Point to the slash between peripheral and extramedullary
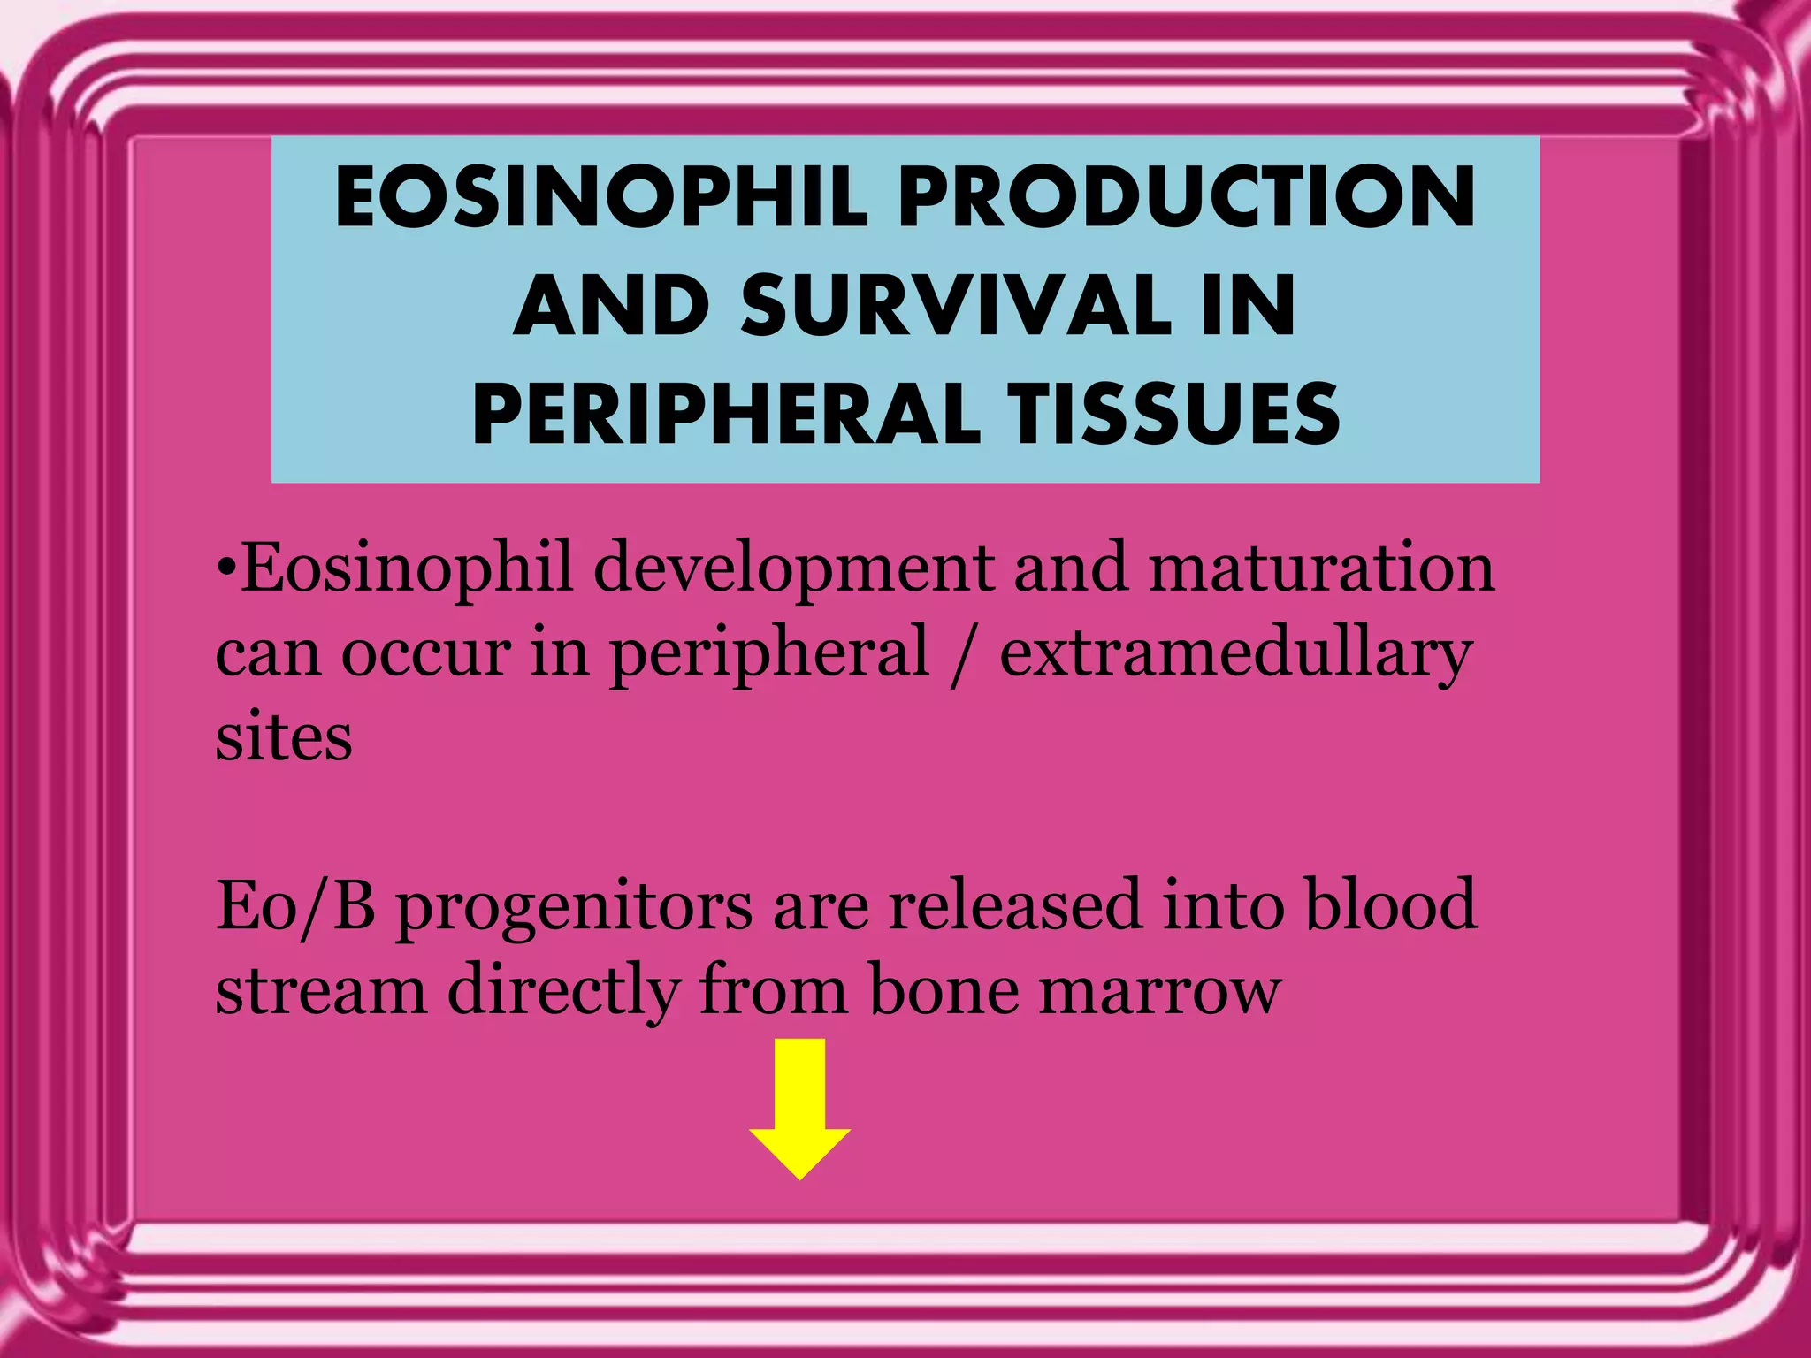(963, 654)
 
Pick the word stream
(322, 990)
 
